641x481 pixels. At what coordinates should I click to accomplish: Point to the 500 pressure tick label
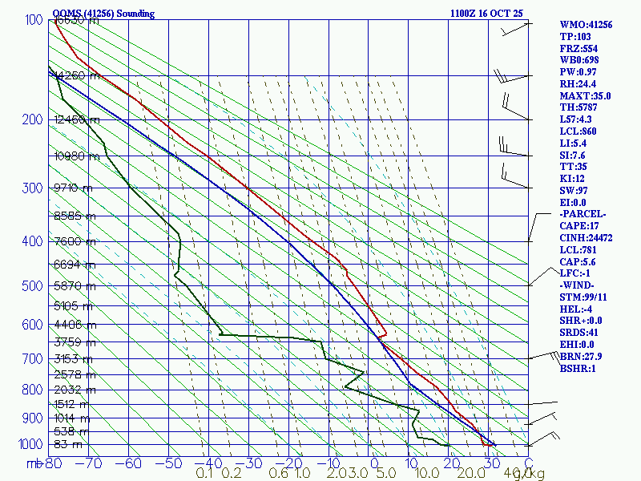coord(32,285)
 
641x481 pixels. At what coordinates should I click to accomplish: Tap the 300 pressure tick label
coord(32,188)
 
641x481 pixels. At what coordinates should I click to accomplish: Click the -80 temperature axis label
coord(54,463)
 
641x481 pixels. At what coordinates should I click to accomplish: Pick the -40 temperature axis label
coord(212,463)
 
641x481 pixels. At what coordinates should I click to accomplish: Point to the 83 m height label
coord(68,444)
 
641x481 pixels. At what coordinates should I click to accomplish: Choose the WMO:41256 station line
coord(586,25)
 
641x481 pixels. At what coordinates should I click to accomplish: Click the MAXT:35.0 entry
coord(585,95)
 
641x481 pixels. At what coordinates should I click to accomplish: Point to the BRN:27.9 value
coord(582,357)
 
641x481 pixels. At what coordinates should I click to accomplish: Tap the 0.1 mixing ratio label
coord(204,474)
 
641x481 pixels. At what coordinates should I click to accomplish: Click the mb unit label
coord(35,463)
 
